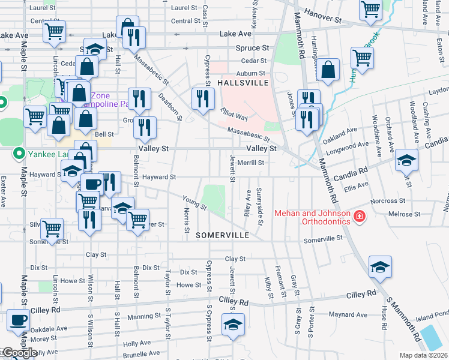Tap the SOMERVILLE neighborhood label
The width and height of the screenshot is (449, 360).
(x=222, y=235)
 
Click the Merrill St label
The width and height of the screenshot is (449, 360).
(x=251, y=163)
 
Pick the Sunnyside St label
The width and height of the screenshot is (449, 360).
(x=260, y=206)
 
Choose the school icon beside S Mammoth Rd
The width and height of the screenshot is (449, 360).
(x=380, y=267)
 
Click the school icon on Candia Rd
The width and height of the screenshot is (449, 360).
(x=406, y=160)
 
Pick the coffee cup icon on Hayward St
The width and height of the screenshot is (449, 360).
(x=92, y=184)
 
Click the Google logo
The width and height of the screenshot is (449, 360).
(x=19, y=353)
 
